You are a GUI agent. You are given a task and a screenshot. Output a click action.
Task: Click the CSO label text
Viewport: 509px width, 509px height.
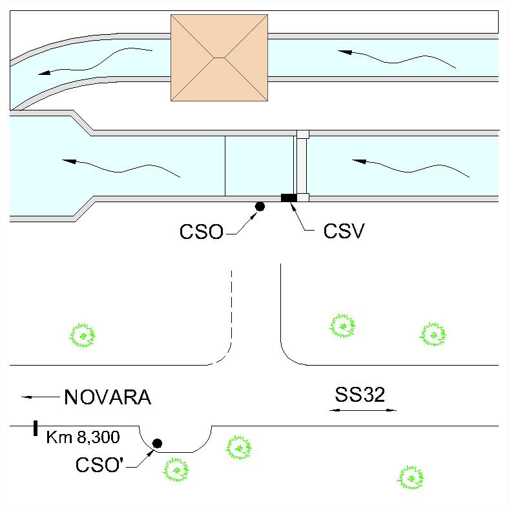point(202,231)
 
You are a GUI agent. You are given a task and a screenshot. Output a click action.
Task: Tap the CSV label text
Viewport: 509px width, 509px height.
point(344,231)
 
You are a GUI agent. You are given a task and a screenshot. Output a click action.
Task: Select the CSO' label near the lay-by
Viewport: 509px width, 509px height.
point(99,464)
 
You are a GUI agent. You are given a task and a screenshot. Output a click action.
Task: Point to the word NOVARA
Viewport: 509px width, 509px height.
point(108,397)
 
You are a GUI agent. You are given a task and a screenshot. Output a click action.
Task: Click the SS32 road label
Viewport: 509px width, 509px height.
point(360,395)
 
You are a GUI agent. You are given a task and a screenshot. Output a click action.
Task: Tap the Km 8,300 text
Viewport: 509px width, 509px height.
point(83,437)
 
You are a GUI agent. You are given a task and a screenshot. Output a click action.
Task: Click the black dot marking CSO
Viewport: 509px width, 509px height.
point(260,206)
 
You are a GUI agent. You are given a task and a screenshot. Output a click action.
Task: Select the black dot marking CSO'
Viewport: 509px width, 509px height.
point(157,443)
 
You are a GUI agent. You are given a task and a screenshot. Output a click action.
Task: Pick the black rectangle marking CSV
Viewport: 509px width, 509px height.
point(289,198)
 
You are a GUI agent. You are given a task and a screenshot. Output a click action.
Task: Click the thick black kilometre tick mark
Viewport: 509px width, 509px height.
point(36,428)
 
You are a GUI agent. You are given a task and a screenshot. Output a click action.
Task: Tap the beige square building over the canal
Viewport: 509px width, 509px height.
point(219,57)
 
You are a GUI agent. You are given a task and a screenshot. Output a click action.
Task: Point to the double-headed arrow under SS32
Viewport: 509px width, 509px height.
point(363,410)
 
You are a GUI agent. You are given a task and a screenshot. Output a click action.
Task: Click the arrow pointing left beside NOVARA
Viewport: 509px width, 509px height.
point(41,397)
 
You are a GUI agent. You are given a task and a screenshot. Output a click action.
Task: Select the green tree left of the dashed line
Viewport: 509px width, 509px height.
point(83,335)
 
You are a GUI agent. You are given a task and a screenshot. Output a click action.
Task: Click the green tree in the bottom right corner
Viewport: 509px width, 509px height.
point(411,477)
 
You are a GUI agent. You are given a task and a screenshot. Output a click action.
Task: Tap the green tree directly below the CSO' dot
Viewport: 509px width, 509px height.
point(176,470)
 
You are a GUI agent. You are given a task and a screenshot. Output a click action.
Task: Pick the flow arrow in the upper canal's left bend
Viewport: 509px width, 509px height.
point(95,61)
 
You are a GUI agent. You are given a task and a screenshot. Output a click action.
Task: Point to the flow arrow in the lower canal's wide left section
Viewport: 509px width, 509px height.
point(121,167)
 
